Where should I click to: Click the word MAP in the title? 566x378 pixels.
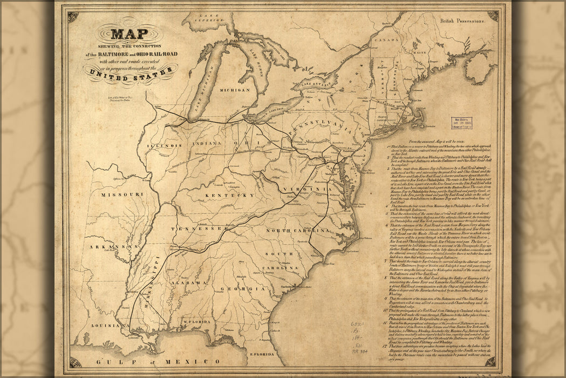point(129,35)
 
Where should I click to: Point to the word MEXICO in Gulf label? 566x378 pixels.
point(201,361)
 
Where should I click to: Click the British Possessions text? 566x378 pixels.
point(462,20)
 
